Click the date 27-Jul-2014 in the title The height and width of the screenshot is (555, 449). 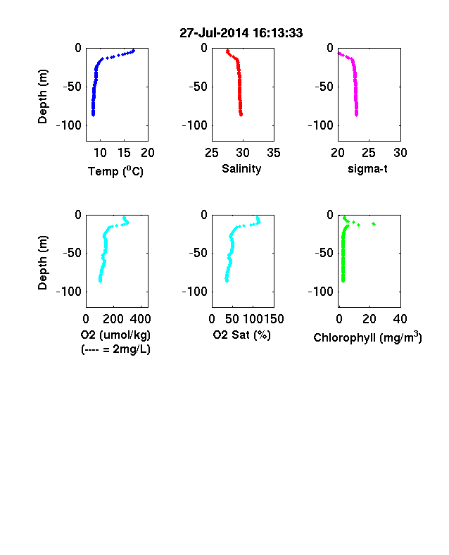214,33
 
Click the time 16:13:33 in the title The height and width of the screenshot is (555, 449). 278,33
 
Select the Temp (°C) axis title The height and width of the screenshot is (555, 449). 115,171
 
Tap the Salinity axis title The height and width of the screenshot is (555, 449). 241,169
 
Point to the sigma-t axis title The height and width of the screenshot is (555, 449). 367,169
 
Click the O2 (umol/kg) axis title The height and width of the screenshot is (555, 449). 115,335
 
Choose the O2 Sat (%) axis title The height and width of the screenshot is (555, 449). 242,335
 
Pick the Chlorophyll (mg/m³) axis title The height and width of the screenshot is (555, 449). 367,337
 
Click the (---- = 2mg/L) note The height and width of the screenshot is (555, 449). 115,349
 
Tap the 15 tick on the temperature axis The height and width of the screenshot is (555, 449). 124,153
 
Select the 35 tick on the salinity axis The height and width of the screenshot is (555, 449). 274,153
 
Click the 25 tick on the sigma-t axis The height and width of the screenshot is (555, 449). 369,153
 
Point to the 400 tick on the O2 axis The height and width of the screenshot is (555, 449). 140,319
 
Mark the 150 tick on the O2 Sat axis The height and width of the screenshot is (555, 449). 274,319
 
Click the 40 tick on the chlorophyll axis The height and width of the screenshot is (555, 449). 400,319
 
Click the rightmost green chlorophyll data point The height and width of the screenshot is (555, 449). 374,224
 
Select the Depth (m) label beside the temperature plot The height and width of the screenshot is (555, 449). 42,96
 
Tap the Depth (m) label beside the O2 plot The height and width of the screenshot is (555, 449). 42,263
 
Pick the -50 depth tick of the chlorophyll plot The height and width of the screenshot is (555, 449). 324,253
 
